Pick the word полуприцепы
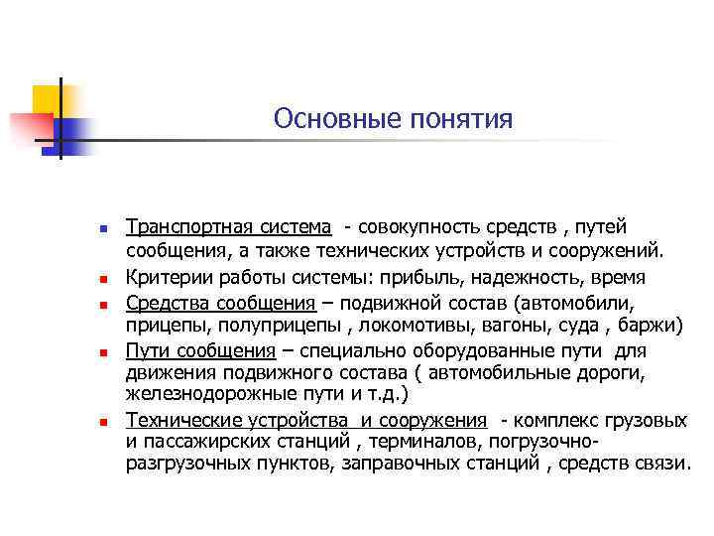click(x=297, y=325)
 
